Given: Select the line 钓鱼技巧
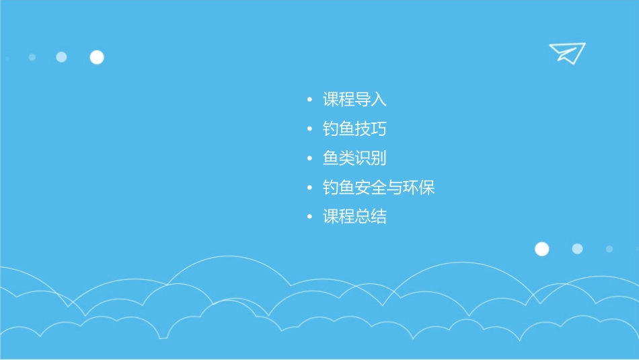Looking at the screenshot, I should click(x=354, y=129).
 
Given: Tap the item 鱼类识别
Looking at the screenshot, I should click(x=354, y=159).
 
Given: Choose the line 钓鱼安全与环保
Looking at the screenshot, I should click(x=379, y=188).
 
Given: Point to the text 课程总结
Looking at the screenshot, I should click(x=354, y=217).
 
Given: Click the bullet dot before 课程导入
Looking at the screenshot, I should click(x=309, y=101).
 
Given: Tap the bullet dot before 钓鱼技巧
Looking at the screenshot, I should click(x=309, y=129).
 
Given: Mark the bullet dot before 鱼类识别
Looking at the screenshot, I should click(x=309, y=159).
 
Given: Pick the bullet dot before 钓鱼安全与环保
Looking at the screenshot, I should click(x=309, y=188).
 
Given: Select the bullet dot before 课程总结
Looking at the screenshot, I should click(x=309, y=217).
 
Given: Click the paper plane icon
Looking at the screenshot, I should click(x=567, y=52).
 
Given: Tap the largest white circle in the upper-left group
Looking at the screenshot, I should click(x=97, y=57).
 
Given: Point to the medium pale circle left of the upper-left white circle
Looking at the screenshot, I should click(x=61, y=57).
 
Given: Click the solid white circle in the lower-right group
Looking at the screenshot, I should click(x=541, y=249).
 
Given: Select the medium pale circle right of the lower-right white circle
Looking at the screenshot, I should click(x=577, y=249).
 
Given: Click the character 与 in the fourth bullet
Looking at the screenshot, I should click(x=395, y=188).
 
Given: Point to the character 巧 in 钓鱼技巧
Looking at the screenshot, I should click(x=379, y=129).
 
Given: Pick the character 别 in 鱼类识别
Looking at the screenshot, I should click(x=379, y=159).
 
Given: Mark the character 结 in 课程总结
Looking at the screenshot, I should click(x=379, y=217).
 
